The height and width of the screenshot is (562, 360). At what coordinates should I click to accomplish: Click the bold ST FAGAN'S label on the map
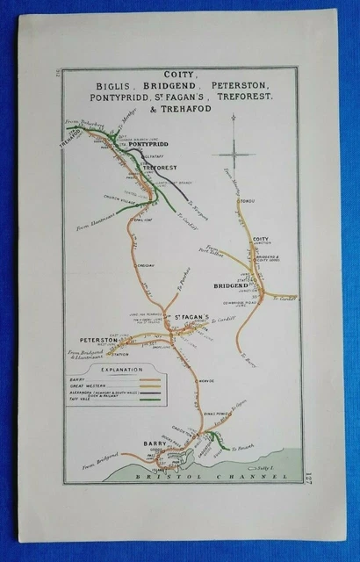click(184, 317)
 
